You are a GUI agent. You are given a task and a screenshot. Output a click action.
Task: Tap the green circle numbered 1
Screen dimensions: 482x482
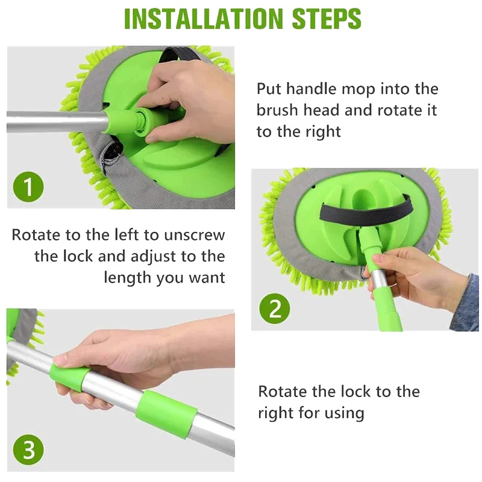(28, 187)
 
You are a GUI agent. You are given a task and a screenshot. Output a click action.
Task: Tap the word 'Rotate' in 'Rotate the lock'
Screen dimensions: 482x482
(283, 392)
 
